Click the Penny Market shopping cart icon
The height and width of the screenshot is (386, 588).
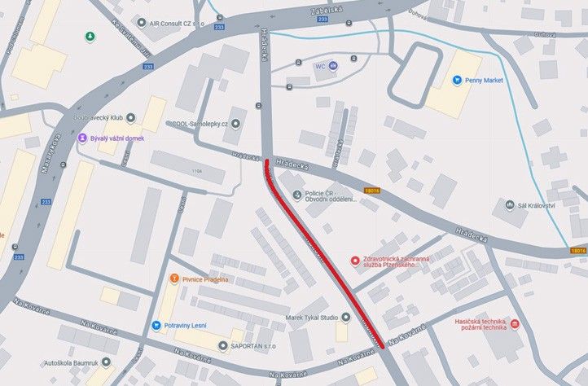click(457, 81)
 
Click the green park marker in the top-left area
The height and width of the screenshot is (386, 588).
click(90, 37)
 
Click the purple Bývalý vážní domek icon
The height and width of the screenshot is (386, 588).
click(81, 138)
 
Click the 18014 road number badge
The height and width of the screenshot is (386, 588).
click(577, 252)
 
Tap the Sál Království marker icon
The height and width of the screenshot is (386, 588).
click(507, 205)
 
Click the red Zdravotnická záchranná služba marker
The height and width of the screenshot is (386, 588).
click(354, 261)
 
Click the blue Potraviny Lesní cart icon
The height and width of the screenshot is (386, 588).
click(156, 326)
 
